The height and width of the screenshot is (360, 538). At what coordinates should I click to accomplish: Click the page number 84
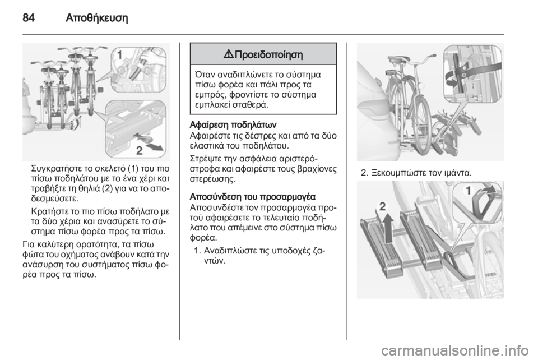pyautogui.click(x=29, y=17)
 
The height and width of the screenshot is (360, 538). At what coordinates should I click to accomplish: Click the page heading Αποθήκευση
pyautogui.click(x=97, y=18)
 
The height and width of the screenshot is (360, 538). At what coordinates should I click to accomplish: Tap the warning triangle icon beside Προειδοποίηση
pyautogui.click(x=229, y=54)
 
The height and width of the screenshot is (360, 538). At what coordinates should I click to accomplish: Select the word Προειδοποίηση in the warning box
pyautogui.click(x=269, y=54)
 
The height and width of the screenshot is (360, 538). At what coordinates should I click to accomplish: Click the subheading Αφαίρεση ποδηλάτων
pyautogui.click(x=233, y=124)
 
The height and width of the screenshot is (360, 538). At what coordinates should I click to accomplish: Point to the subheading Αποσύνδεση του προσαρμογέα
pyautogui.click(x=253, y=197)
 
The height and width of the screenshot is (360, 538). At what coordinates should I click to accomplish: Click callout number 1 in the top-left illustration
pyautogui.click(x=120, y=55)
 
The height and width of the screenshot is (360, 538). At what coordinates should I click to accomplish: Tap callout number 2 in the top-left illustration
pyautogui.click(x=140, y=150)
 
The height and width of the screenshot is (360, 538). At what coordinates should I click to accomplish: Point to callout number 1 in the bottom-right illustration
pyautogui.click(x=468, y=190)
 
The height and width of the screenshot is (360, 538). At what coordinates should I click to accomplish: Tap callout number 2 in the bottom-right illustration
pyautogui.click(x=382, y=206)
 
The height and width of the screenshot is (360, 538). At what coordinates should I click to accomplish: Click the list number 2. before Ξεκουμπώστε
pyautogui.click(x=364, y=173)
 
